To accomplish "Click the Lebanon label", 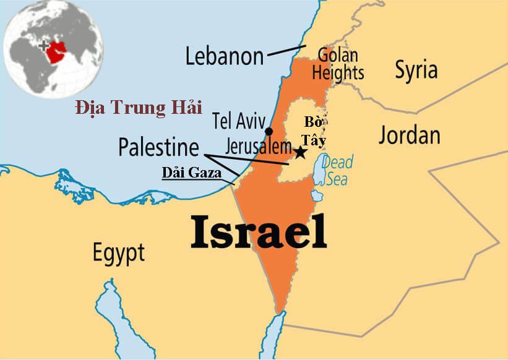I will (x=224, y=56).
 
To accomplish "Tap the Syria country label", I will (x=416, y=70).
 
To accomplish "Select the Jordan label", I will (x=409, y=134).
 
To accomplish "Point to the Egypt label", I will (x=118, y=252).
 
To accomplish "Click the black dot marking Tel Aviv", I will (x=269, y=131).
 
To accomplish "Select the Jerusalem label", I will (x=251, y=147).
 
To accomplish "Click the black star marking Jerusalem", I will (x=300, y=152).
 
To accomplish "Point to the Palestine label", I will (x=159, y=147).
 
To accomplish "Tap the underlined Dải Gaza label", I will (x=191, y=173).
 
